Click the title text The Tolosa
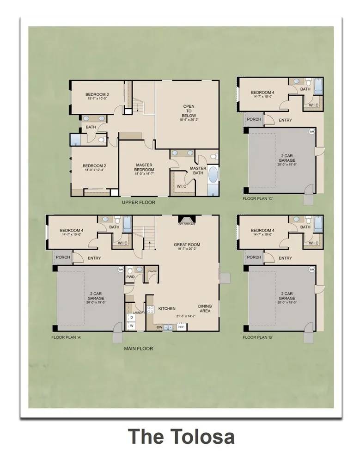181,436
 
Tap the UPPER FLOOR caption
139,202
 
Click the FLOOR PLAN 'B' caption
257,337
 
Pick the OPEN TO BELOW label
189,113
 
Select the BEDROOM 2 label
94,167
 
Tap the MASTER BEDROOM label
144,167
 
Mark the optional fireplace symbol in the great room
187,220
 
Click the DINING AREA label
205,308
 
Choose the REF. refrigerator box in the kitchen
181,327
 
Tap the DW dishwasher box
159,327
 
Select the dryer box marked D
132,318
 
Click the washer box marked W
132,326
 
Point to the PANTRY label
153,271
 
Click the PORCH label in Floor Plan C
254,119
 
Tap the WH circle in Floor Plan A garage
120,270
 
